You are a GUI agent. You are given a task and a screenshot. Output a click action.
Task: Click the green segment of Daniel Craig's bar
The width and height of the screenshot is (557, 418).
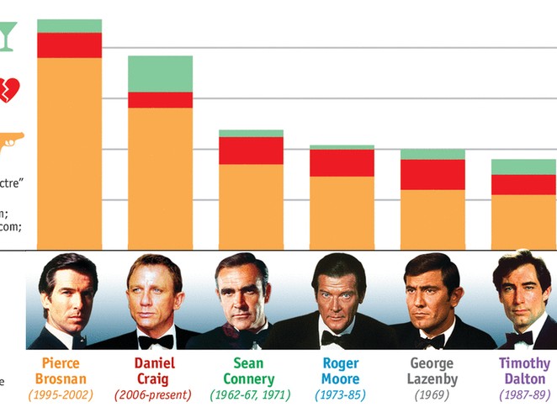(x=160, y=74)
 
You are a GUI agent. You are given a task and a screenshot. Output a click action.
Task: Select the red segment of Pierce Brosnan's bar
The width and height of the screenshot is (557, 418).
(x=69, y=45)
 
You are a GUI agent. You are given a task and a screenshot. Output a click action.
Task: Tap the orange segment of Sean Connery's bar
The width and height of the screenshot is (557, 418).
(x=251, y=207)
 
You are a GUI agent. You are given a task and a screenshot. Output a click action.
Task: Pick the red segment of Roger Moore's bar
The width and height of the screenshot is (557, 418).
(x=342, y=163)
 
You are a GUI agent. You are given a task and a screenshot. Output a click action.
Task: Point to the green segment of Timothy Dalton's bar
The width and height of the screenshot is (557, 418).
(x=523, y=167)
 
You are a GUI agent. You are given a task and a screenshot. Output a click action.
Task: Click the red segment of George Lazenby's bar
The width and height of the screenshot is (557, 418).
(x=432, y=174)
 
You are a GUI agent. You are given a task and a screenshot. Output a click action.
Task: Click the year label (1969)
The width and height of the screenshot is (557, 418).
(x=432, y=394)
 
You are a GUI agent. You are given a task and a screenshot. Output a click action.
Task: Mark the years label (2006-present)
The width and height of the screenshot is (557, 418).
(x=154, y=394)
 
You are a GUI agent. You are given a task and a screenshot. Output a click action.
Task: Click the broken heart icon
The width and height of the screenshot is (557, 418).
(x=8, y=89)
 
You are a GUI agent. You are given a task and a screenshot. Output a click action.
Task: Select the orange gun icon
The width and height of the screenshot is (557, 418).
(x=10, y=140)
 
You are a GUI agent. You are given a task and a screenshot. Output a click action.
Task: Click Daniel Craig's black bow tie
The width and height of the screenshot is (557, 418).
(x=156, y=341)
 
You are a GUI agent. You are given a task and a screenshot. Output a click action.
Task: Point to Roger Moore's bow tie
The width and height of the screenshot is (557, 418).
(x=336, y=340)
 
